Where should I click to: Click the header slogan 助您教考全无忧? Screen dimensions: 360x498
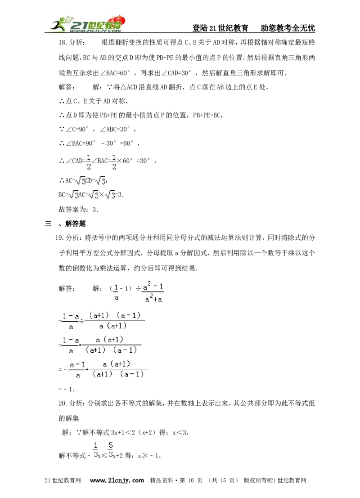(288, 28)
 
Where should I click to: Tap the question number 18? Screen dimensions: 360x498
(62, 43)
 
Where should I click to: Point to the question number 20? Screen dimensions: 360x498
(62, 404)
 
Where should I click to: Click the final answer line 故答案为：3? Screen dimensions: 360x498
(78, 209)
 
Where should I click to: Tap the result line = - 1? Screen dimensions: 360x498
(67, 389)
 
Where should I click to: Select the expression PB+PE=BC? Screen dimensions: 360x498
(207, 115)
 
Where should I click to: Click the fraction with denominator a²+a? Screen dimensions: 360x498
(153, 292)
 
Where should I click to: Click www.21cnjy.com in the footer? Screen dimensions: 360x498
(117, 480)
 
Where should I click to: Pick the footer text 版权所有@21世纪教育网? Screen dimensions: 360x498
(275, 480)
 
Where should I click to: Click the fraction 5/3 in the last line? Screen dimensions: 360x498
(111, 450)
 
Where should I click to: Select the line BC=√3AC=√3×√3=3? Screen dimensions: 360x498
(91, 194)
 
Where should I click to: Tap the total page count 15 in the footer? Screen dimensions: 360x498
(223, 480)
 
